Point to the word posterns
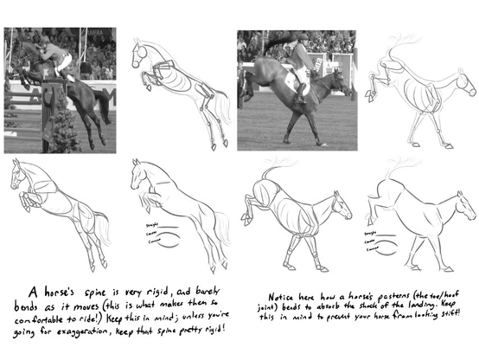point(372,292)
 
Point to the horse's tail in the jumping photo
point(103,104)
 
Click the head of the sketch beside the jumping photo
point(139,55)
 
